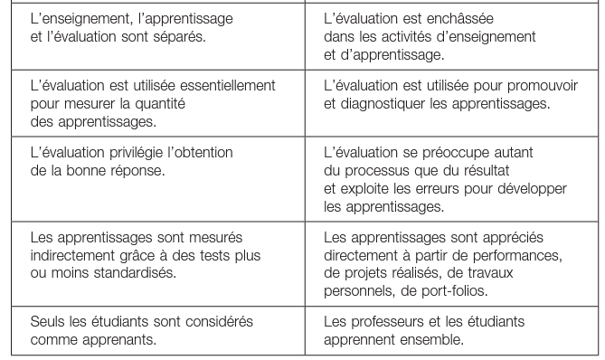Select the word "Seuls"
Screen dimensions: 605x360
[x=47, y=322]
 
